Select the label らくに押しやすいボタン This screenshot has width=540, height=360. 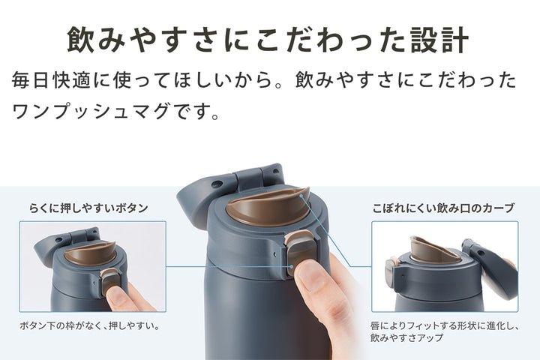point(88,207)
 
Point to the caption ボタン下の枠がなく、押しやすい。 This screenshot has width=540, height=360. point(93,326)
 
